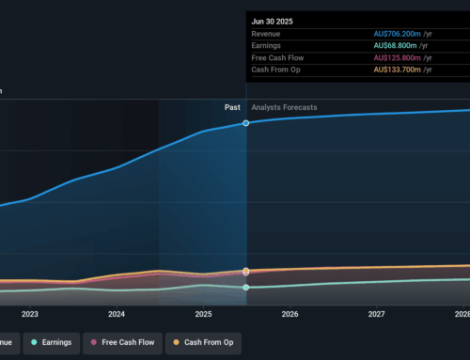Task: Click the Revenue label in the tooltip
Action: (269, 34)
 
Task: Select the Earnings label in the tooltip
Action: (269, 46)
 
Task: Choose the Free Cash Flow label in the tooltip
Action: (278, 58)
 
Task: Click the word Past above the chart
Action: (232, 107)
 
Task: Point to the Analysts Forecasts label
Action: (284, 107)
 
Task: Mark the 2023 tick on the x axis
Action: (30, 315)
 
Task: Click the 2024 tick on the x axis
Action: (117, 315)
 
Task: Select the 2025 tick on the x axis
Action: (203, 315)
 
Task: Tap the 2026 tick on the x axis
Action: (290, 315)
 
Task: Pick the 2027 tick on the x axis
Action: (376, 315)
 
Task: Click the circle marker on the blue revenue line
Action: (246, 123)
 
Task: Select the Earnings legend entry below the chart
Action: (49, 342)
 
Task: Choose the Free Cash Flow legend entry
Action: (118, 342)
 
